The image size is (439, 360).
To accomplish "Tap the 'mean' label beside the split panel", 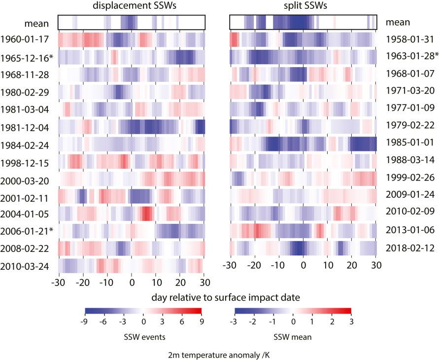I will pyautogui.click(x=397, y=22).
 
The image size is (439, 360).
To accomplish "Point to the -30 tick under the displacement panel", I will pyautogui.click(x=59, y=283).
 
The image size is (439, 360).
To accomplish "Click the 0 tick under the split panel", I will pyautogui.click(x=304, y=265).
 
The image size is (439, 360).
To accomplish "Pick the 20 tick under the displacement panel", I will pyautogui.click(x=180, y=283).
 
